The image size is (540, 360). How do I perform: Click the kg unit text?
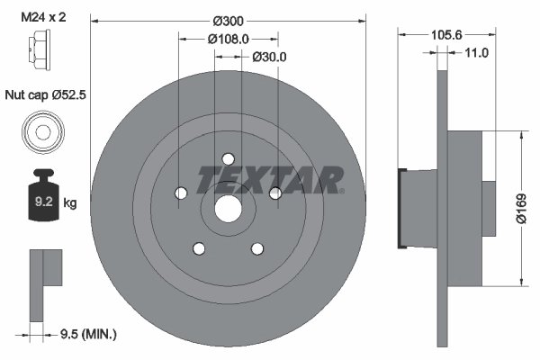(70, 203)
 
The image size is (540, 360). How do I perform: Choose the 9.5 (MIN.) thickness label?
(86, 335)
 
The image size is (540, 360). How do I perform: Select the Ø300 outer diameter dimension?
(229, 20)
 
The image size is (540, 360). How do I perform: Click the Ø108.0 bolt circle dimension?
(228, 39)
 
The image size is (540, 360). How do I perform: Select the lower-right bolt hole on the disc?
(257, 248)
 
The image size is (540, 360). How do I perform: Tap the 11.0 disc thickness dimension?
(477, 53)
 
